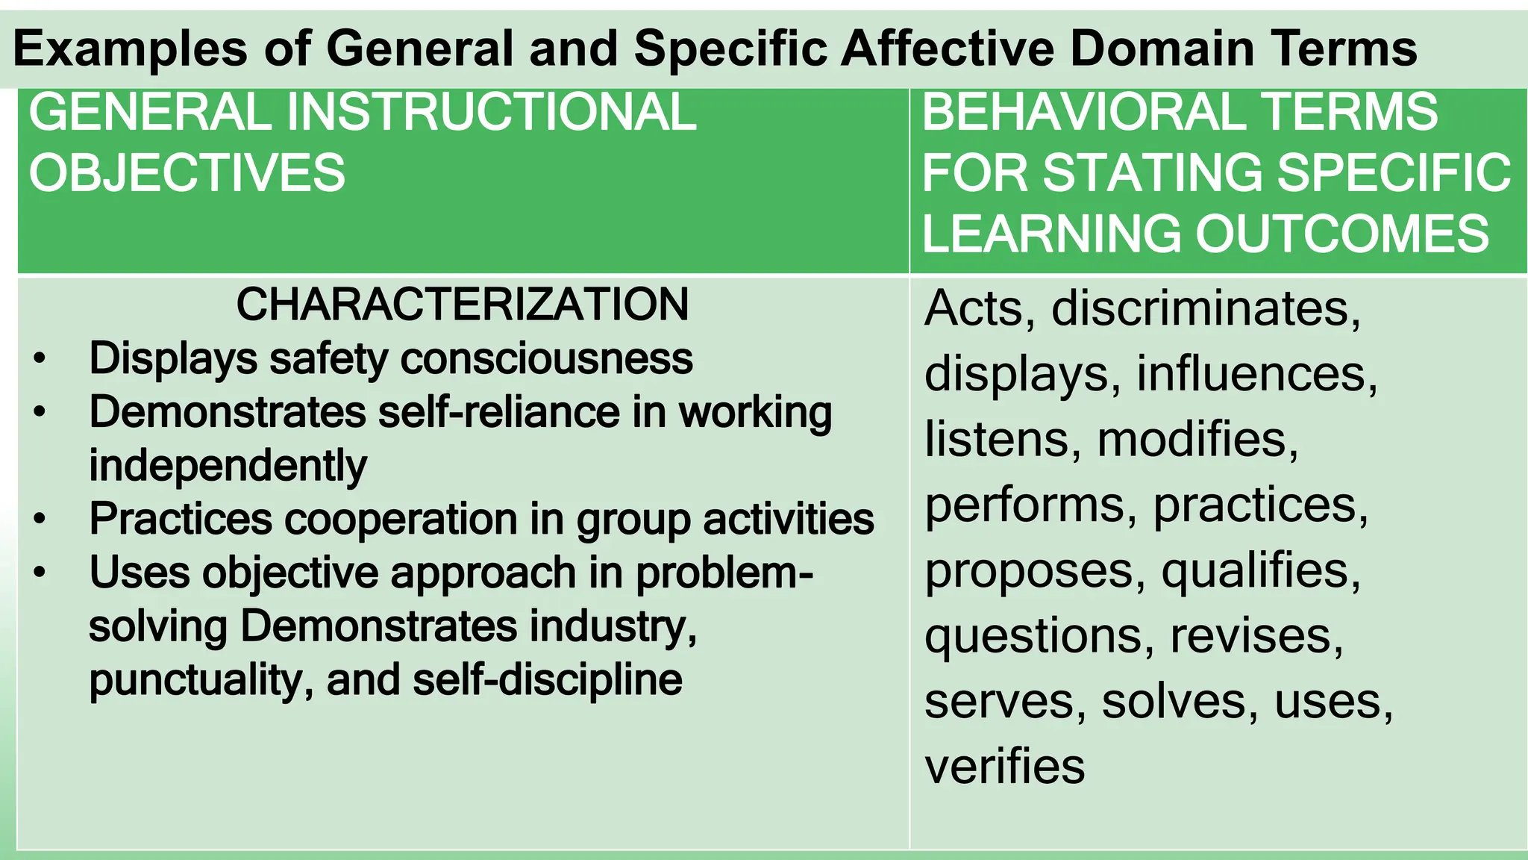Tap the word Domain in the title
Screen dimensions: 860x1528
(1162, 49)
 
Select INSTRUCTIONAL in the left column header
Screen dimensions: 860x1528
(491, 113)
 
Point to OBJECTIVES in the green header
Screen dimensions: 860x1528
(187, 172)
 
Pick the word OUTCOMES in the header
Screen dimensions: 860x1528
(1343, 233)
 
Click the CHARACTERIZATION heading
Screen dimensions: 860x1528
(463, 305)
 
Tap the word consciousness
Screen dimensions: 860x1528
(547, 358)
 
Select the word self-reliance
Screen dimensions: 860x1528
(499, 412)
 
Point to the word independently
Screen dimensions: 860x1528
(228, 466)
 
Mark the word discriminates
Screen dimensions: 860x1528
(1206, 308)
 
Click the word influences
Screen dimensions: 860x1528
(1256, 373)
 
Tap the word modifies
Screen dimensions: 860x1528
(1197, 439)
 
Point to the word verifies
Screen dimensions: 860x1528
(1004, 767)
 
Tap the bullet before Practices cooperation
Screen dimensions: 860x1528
(40, 519)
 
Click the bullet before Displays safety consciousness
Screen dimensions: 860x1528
(40, 358)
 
